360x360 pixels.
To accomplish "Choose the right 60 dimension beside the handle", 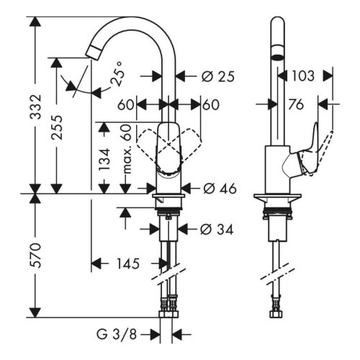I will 210,104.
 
